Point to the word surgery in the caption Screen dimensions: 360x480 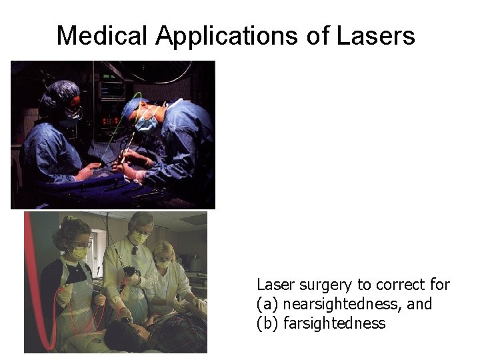[323, 285]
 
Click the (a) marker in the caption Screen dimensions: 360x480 [268, 305]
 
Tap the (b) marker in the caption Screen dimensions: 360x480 [268, 324]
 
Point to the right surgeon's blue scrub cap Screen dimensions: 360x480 [137, 107]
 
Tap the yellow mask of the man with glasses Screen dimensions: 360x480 [138, 238]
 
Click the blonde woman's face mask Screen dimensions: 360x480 [163, 264]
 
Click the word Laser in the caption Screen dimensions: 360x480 [274, 285]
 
